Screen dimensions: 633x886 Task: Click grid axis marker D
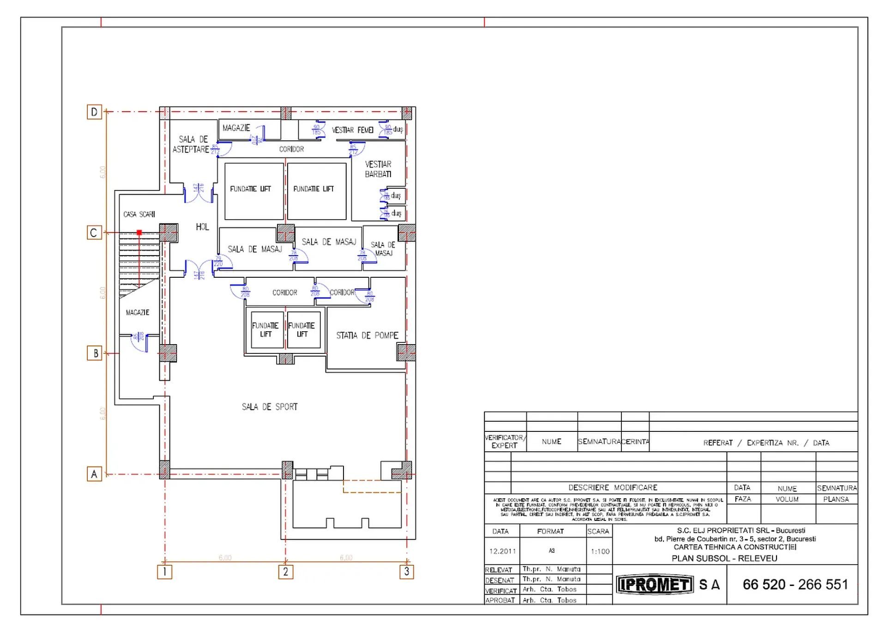[94, 112]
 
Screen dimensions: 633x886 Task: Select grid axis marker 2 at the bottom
[285, 572]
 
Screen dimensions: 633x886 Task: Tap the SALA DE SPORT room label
[270, 407]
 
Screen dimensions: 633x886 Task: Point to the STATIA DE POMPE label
[367, 335]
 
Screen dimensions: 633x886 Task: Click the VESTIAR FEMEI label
[352, 130]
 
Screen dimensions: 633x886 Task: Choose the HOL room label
[202, 227]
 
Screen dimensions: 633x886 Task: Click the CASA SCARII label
[139, 214]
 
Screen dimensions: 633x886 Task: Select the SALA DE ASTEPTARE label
[191, 144]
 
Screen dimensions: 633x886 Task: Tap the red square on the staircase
[139, 233]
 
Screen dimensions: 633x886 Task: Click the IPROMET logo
[655, 585]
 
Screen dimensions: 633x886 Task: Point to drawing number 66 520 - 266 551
[795, 585]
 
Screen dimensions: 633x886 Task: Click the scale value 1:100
[600, 551]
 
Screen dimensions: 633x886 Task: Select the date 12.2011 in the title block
[502, 551]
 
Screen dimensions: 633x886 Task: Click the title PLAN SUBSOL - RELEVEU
[724, 558]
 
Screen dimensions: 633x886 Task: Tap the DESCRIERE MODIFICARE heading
[612, 488]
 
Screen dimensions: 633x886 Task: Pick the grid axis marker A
[94, 474]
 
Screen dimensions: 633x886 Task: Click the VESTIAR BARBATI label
[378, 169]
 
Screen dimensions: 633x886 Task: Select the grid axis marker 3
[406, 572]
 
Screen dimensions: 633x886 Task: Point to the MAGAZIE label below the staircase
[138, 312]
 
